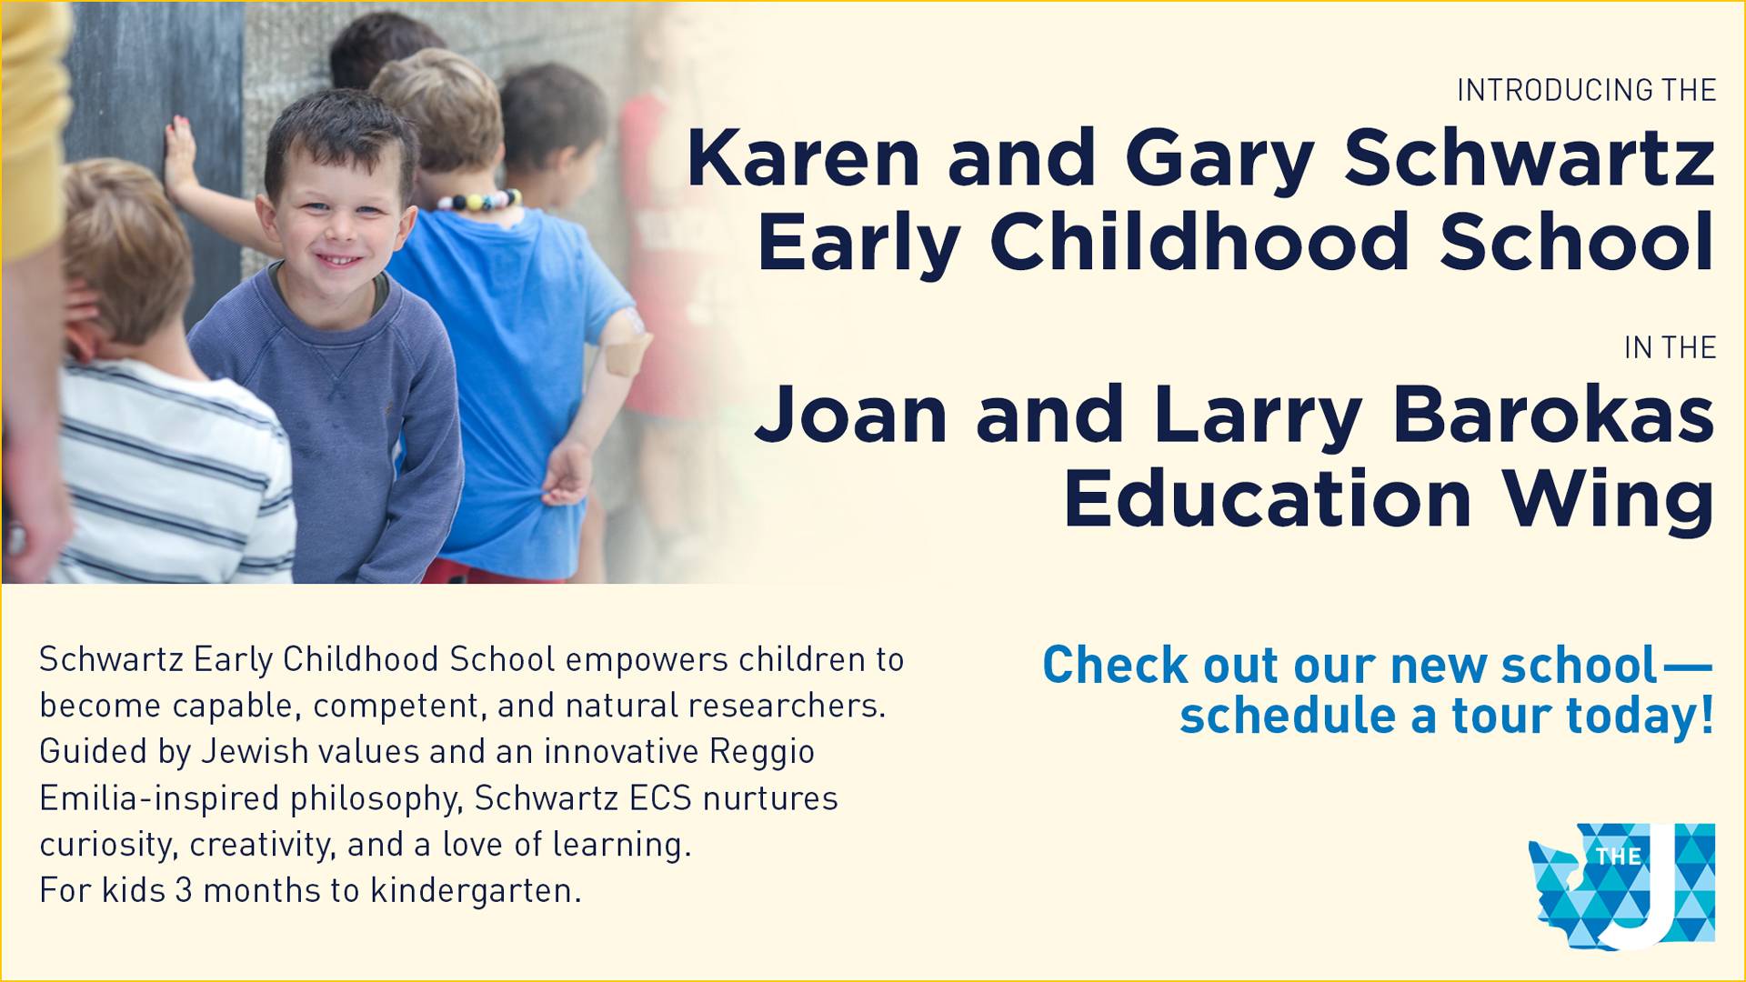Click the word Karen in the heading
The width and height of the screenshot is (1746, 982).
pos(804,158)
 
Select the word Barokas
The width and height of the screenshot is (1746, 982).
pos(1552,414)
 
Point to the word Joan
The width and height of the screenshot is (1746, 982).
pos(851,414)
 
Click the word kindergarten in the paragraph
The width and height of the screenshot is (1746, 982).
pos(475,891)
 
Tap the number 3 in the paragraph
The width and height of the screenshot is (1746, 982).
pos(184,890)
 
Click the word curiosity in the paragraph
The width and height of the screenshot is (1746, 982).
pos(106,846)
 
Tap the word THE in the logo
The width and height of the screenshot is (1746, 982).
pos(1619,857)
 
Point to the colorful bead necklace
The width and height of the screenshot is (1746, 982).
pos(480,200)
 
